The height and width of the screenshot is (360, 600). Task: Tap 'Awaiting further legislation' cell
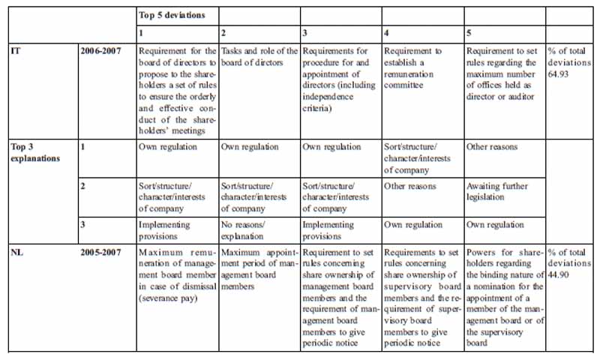click(x=499, y=191)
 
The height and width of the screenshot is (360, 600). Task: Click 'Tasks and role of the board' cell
click(x=259, y=57)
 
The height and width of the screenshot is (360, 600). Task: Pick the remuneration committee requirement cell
click(x=412, y=68)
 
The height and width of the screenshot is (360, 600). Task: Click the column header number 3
click(x=304, y=34)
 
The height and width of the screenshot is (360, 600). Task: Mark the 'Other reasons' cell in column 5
click(x=491, y=147)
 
